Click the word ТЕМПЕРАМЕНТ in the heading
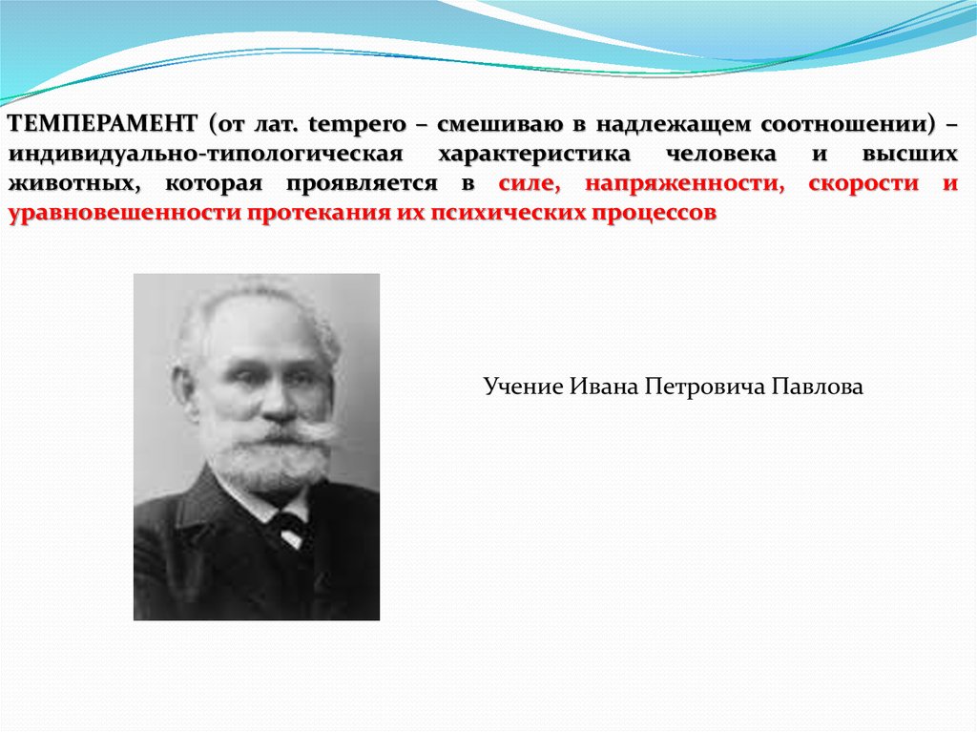coord(103,123)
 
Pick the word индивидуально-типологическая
coord(206,154)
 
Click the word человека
coord(721,154)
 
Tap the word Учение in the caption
coord(523,387)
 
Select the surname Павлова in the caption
coord(817,387)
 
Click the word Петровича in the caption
coord(705,387)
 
